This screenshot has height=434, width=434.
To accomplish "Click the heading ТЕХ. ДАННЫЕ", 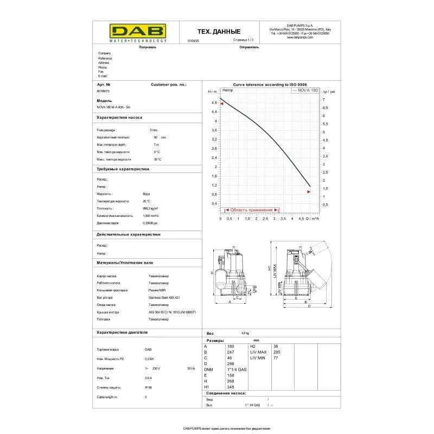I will [218, 31].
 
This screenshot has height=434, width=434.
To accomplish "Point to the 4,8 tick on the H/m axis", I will [214, 103].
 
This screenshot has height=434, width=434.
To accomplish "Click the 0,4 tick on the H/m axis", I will [214, 203].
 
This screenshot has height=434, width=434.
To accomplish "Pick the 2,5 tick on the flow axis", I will [265, 219].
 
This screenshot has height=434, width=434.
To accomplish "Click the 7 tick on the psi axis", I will [324, 100].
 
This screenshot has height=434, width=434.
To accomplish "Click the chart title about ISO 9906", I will [270, 85].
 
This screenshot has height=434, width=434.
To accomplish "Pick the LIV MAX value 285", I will [276, 352].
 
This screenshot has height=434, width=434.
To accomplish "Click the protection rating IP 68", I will [149, 387].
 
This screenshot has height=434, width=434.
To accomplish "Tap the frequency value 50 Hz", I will [190, 368].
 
